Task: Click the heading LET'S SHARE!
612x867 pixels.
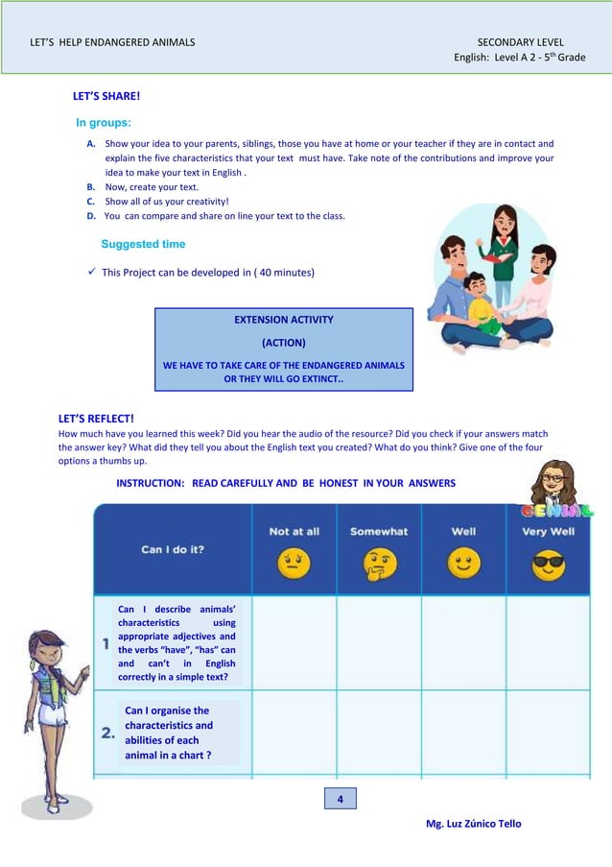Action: [106, 97]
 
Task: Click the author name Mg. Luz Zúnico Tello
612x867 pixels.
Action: [474, 824]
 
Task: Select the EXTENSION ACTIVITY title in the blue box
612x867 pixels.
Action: [284, 320]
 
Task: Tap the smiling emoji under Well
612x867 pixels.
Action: [463, 564]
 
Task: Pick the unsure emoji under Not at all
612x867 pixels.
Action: [294, 564]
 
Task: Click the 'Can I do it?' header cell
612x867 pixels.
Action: [173, 549]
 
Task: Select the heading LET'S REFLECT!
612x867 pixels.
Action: [96, 419]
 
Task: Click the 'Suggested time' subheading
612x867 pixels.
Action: [143, 245]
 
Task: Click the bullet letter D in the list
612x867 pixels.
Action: [90, 216]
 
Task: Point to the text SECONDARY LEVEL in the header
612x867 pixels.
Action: [521, 42]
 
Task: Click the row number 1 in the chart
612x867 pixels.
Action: [106, 645]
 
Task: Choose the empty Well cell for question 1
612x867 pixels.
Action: [463, 642]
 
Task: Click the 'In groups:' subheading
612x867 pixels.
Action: [104, 123]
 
